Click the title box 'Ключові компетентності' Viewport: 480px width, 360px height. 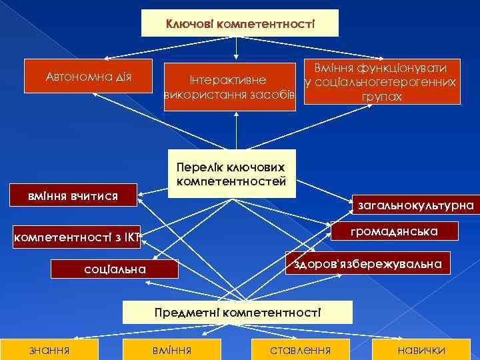pyautogui.click(x=241, y=23)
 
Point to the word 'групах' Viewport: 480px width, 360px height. pyautogui.click(x=381, y=97)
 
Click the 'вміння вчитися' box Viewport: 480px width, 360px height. pyautogui.click(x=73, y=195)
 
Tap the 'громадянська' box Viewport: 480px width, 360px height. pyautogui.click(x=394, y=231)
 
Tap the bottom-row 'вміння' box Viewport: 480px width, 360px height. pyautogui.click(x=172, y=350)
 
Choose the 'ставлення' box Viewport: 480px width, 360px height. pyautogui.click(x=299, y=350)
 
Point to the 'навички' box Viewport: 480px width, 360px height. pyautogui.click(x=421, y=350)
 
